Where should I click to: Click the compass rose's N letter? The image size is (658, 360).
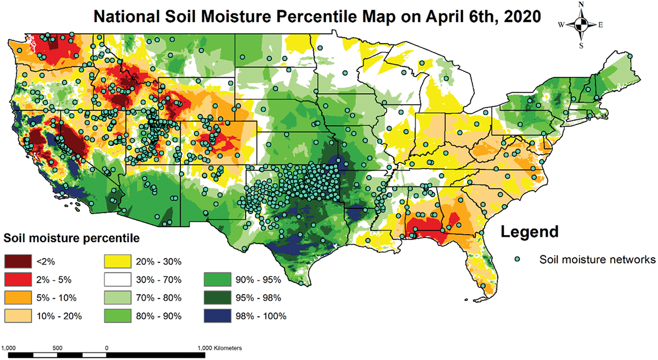581,4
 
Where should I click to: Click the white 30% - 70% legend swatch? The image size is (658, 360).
117,279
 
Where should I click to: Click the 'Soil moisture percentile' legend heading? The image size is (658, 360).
71,238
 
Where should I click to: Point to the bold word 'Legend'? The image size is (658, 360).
530,232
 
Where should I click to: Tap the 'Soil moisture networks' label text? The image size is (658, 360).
597,259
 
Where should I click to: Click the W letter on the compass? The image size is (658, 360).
561,25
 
